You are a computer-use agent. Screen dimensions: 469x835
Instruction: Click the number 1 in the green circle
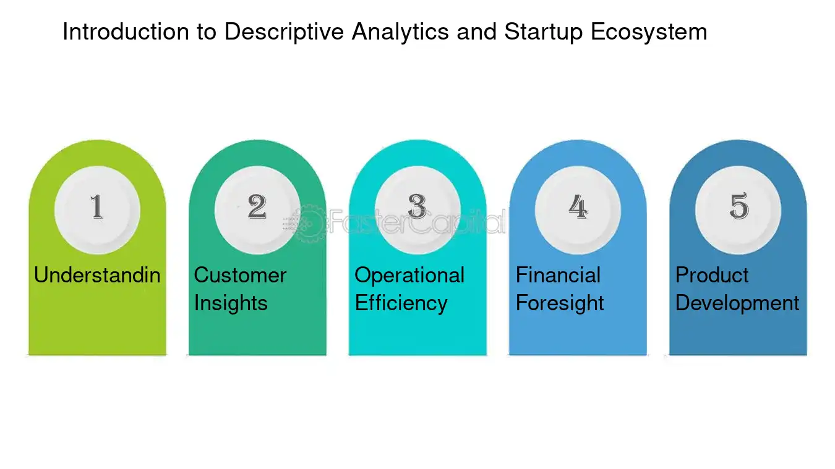96,206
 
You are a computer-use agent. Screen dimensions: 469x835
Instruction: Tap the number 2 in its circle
257,206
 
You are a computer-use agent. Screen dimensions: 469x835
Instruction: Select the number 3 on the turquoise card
417,206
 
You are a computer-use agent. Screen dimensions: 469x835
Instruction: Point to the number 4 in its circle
578,206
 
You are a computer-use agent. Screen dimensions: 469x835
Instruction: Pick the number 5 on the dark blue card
739,206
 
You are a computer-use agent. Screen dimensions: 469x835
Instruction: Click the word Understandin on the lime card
97,275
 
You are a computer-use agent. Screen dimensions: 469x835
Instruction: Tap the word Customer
240,275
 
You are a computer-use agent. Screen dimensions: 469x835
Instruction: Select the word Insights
231,303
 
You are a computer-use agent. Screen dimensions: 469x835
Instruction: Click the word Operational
409,275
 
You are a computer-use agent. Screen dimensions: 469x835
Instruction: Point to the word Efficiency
401,303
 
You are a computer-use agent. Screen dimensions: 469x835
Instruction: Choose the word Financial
559,275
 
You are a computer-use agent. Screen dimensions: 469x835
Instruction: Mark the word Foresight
560,303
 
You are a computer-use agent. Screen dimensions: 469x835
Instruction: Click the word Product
712,275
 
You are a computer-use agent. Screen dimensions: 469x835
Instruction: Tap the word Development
737,303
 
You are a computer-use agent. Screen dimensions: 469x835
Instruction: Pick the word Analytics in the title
401,32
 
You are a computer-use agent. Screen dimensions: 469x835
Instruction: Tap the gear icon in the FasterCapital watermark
310,224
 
